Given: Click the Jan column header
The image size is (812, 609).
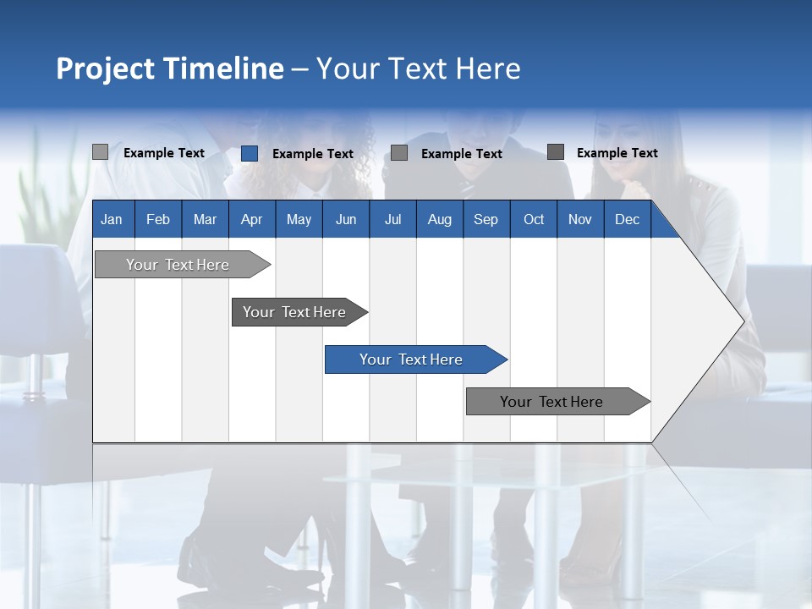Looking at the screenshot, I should click(x=112, y=219).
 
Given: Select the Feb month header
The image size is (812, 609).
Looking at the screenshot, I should click(x=158, y=219).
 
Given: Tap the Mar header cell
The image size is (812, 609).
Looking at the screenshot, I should click(x=205, y=219).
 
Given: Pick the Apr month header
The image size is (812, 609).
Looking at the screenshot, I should click(x=251, y=219).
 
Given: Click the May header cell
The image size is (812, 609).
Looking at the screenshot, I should click(x=299, y=219).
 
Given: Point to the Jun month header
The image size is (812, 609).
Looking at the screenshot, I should click(x=346, y=219).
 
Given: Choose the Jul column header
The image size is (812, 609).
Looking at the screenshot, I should click(x=392, y=219).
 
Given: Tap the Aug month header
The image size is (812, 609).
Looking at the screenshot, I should click(x=439, y=219).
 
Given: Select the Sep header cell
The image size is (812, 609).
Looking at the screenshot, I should click(x=486, y=219).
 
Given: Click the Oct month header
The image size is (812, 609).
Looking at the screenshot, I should click(x=534, y=219).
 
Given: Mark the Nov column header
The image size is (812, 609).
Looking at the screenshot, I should click(x=580, y=219).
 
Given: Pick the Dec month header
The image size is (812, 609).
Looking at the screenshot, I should click(x=627, y=219).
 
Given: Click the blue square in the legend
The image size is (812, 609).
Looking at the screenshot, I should click(x=249, y=153).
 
